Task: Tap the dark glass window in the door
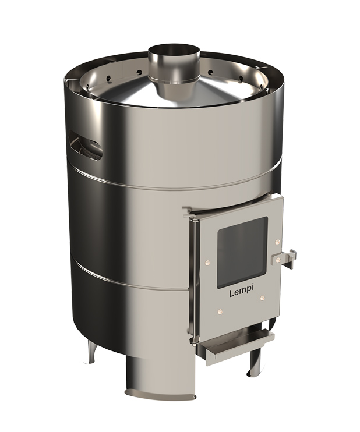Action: pyautogui.click(x=242, y=252)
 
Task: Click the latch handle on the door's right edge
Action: pyautogui.click(x=290, y=256)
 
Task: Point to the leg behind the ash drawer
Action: pyautogui.click(x=256, y=361)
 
